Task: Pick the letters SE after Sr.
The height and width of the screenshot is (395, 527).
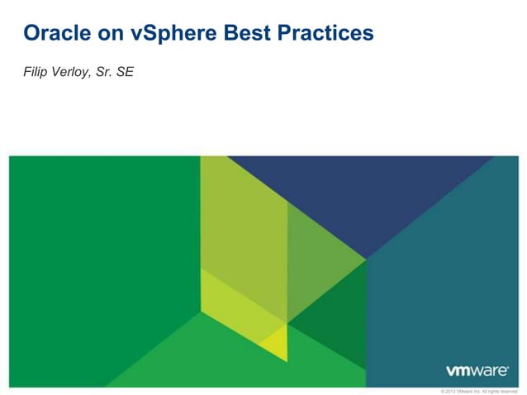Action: pos(126,72)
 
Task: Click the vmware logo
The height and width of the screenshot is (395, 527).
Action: pos(477,371)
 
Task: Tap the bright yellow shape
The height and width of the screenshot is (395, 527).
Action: pos(273,343)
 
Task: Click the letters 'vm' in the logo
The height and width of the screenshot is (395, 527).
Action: pos(459,371)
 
